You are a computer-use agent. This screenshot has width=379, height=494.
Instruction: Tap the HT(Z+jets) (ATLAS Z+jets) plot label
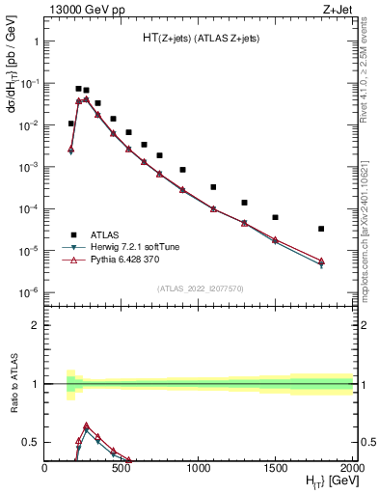[x=201, y=38]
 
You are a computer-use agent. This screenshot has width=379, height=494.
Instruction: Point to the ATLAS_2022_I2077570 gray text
[x=200, y=288]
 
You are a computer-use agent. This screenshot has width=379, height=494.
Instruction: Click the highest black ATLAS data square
[x=78, y=89]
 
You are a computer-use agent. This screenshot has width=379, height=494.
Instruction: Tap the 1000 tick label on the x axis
[x=199, y=468]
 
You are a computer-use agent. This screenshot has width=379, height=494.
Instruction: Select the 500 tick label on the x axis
[x=122, y=468]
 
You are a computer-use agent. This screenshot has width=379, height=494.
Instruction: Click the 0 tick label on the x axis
[x=45, y=468]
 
